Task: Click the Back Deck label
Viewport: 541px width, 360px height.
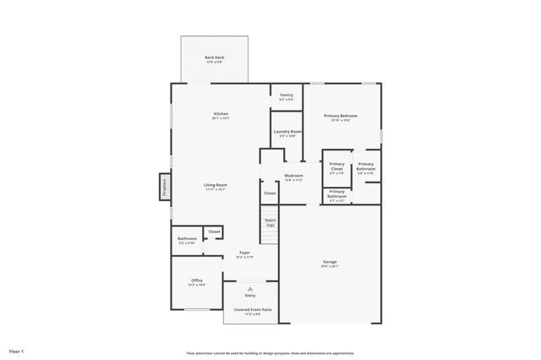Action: (x=214, y=57)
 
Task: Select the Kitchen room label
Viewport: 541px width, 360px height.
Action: (x=221, y=114)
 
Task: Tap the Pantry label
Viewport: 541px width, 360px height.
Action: (x=287, y=95)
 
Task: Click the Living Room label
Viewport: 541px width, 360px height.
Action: (x=215, y=185)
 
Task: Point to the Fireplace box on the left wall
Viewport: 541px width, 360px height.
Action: (x=164, y=186)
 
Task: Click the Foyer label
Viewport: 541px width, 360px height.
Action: (x=244, y=253)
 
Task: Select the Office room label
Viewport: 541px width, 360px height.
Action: (x=196, y=281)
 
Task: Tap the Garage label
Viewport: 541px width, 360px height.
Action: (x=330, y=262)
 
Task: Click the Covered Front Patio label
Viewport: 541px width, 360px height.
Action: (x=253, y=310)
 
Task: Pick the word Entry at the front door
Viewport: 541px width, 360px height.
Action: (x=250, y=295)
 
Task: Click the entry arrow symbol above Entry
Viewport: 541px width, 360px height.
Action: (x=250, y=287)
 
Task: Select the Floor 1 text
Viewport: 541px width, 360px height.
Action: (x=17, y=350)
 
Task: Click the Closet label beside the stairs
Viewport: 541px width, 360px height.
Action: (x=270, y=194)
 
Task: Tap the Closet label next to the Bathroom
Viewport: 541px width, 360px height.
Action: (x=214, y=231)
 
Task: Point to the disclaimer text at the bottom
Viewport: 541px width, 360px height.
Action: (x=270, y=353)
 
